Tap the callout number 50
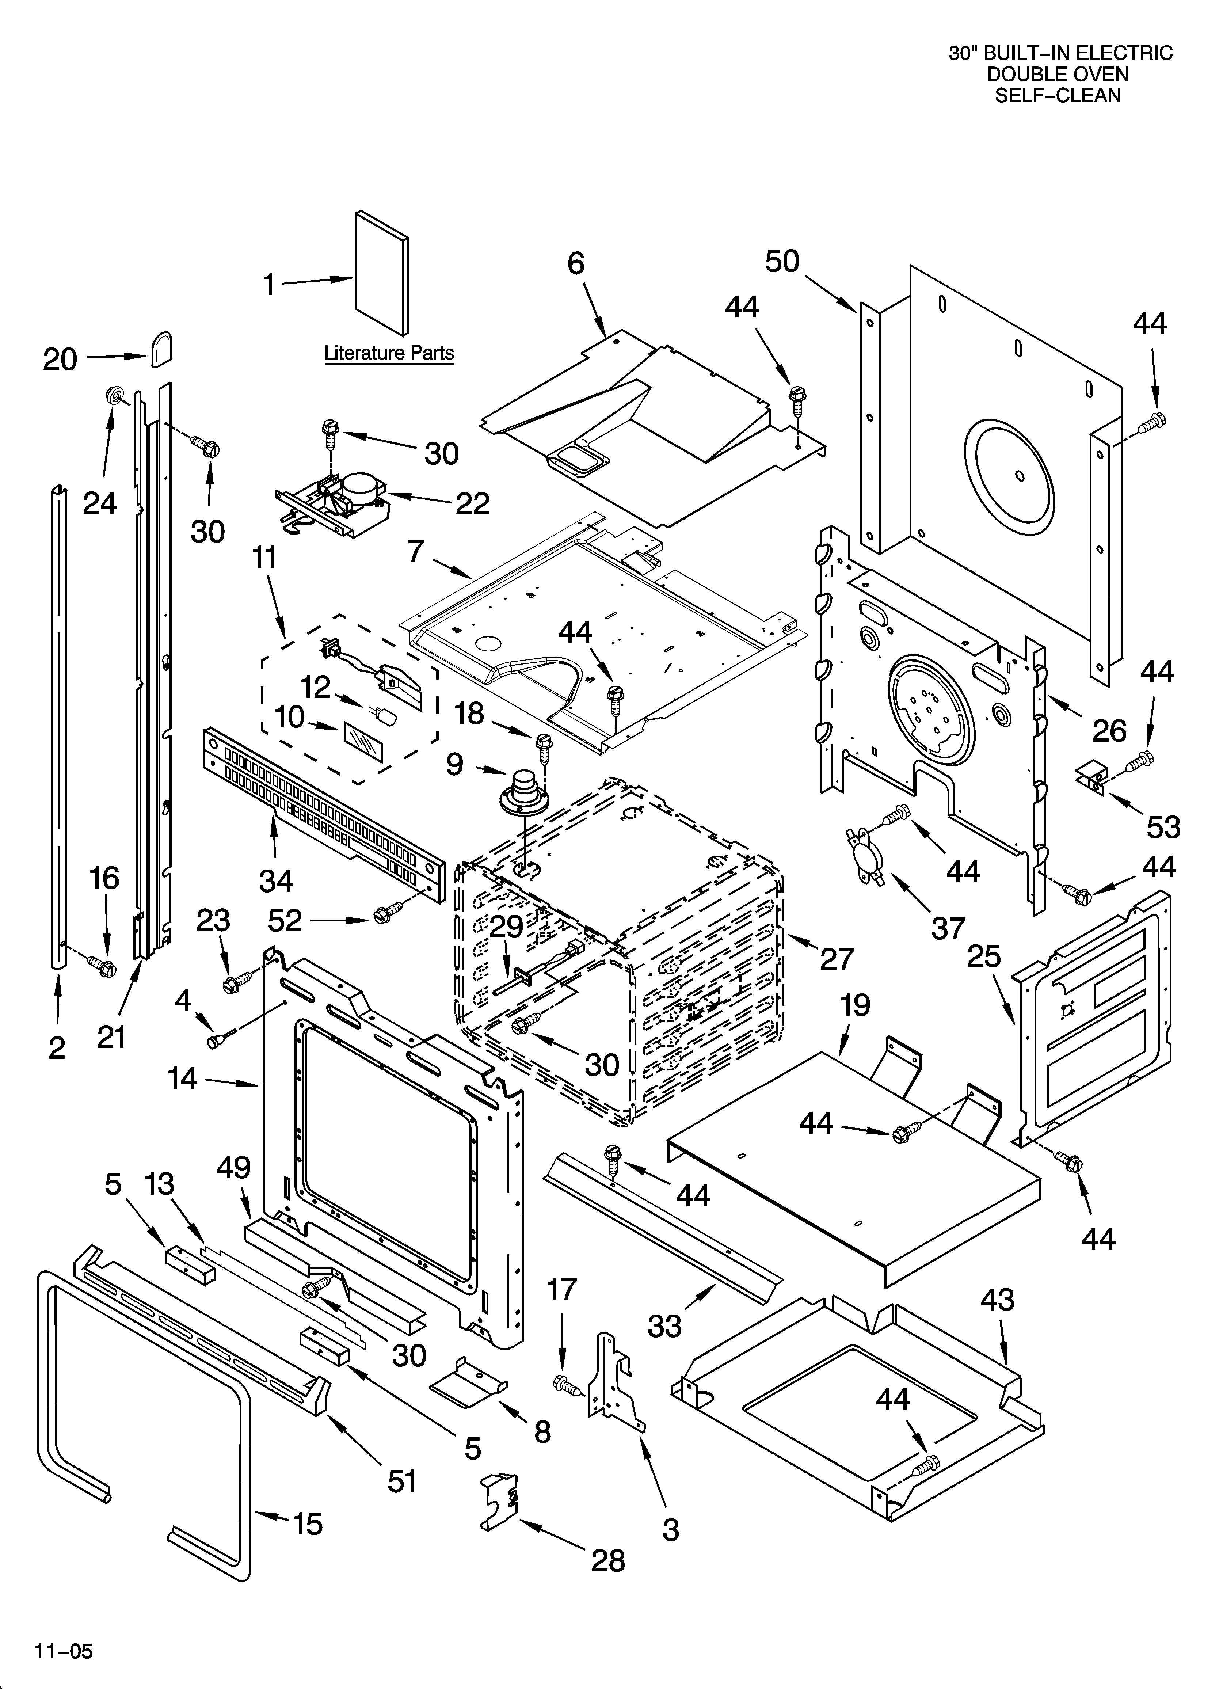782,261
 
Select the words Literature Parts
389,353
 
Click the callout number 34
275,881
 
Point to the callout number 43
997,1300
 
